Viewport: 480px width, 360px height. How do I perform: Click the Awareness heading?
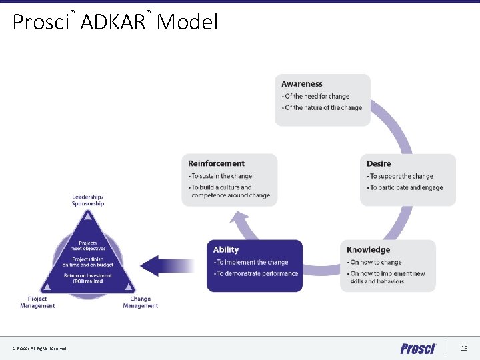(302, 84)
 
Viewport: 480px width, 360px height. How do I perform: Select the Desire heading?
(379, 163)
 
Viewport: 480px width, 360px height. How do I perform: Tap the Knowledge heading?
(368, 249)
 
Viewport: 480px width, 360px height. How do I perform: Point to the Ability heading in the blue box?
(226, 250)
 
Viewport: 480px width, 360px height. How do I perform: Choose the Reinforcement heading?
(216, 163)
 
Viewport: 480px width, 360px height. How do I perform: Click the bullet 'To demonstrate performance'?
(256, 274)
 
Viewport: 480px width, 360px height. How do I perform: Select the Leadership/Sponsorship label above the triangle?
(88, 200)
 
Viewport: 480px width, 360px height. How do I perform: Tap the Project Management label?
(37, 303)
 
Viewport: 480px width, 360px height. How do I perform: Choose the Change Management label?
(141, 303)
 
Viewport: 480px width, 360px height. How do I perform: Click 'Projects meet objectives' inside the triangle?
(88, 245)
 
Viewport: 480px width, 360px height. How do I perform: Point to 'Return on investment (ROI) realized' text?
(88, 278)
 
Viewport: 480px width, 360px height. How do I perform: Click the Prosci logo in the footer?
(418, 349)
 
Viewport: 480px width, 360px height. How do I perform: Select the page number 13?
(464, 349)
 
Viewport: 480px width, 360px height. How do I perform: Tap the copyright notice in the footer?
(39, 349)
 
